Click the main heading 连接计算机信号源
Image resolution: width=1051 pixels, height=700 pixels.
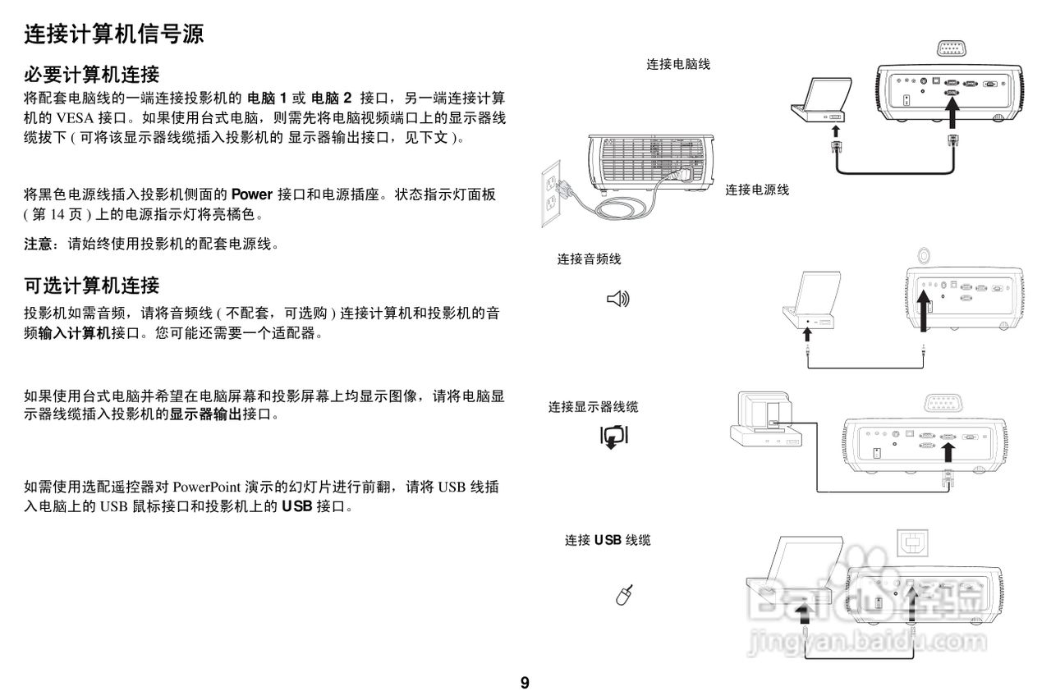click(113, 34)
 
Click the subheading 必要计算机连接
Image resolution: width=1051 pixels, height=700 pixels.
click(90, 75)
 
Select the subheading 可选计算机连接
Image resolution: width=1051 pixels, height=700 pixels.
click(90, 286)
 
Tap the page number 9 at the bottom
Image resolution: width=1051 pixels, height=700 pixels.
click(525, 683)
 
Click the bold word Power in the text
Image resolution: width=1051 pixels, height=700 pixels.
click(251, 194)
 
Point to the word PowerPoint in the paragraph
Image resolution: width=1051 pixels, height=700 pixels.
click(207, 487)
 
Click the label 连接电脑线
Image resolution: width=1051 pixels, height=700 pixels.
click(678, 64)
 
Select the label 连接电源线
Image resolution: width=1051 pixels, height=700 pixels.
click(757, 190)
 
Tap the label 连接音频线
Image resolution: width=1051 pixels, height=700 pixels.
click(589, 259)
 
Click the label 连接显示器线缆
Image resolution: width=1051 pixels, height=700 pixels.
click(593, 407)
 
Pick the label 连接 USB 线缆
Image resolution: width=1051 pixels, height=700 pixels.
click(607, 540)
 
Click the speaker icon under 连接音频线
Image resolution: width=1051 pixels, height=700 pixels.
click(617, 300)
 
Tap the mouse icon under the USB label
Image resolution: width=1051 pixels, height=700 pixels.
click(624, 595)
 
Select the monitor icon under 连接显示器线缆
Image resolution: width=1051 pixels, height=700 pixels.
click(614, 437)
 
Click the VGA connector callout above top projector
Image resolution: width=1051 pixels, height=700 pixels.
click(951, 48)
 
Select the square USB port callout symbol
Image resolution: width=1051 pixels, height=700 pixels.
click(911, 543)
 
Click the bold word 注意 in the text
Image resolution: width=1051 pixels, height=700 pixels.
click(40, 244)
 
